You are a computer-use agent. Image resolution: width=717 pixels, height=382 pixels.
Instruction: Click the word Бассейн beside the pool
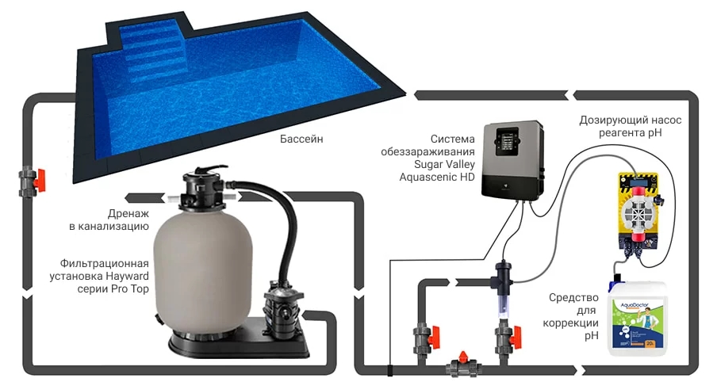coord(301,138)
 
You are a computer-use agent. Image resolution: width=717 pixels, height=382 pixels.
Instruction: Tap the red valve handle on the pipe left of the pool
coord(40,180)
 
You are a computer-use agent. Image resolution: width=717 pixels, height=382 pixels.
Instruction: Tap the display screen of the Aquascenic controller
coord(508,141)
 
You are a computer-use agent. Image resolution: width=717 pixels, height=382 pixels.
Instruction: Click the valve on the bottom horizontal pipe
coord(462,365)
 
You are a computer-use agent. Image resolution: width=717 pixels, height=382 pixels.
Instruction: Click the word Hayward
coord(127,277)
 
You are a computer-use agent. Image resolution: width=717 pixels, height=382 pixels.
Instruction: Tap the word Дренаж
coord(128,213)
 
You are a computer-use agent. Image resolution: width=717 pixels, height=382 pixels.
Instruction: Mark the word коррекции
coord(570,323)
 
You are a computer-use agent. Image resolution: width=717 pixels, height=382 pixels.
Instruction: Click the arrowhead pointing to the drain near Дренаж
coord(133,198)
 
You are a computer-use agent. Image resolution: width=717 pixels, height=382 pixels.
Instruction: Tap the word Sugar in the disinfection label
coord(429,164)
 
